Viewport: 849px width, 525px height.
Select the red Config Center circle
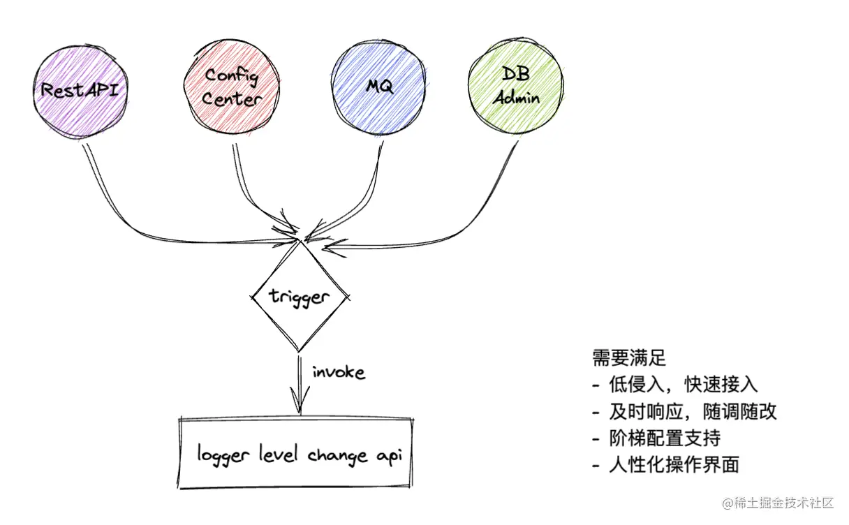click(232, 89)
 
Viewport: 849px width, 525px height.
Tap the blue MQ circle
click(379, 89)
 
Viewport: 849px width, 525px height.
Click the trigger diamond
click(299, 297)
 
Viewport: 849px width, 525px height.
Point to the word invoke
click(338, 372)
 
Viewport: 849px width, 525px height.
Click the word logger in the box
click(221, 456)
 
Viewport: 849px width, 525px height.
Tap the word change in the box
click(337, 456)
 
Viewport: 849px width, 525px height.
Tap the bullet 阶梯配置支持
click(663, 438)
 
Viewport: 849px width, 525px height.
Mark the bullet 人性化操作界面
click(673, 465)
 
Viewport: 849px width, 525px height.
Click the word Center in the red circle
click(231, 99)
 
